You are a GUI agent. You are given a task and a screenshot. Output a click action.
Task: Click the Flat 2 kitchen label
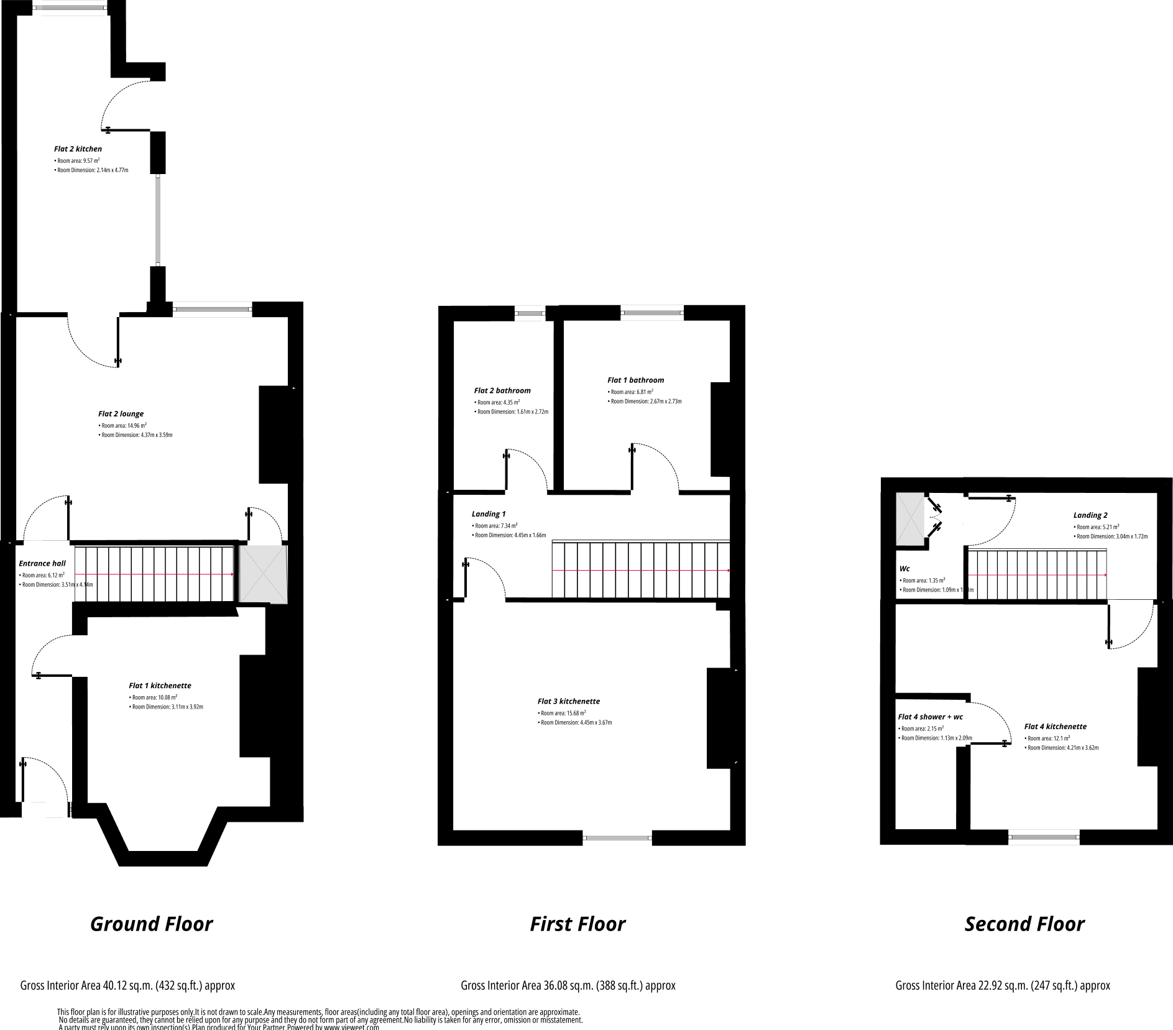[x=78, y=149]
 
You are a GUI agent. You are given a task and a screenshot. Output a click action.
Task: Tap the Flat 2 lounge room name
[x=121, y=414]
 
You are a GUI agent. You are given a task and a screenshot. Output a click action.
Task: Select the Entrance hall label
[x=42, y=564]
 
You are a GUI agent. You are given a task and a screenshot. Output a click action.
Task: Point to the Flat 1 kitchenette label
[x=160, y=686]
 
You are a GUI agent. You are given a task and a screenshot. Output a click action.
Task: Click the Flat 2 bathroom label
[x=502, y=391]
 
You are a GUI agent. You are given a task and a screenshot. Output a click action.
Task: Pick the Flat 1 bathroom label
[x=635, y=380]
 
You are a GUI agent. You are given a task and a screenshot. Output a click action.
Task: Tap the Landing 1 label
[x=489, y=514]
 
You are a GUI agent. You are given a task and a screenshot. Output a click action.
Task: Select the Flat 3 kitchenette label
[x=568, y=701]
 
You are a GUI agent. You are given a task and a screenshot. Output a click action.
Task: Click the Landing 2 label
[x=1090, y=515]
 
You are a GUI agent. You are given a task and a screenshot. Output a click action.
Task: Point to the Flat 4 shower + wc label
[x=930, y=717]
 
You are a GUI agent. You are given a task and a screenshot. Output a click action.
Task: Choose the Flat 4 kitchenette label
[x=1055, y=727]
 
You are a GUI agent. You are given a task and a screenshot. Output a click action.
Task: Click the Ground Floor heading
[x=151, y=924]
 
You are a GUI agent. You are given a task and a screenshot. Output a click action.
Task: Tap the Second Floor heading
[x=1024, y=924]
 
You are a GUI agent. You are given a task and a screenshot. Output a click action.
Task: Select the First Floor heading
[x=577, y=924]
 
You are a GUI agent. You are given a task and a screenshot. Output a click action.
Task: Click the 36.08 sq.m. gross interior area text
[x=568, y=985]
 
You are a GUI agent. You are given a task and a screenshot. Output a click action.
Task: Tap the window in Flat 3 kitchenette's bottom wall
[x=617, y=838]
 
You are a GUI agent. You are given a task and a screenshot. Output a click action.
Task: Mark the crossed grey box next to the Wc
[x=910, y=519]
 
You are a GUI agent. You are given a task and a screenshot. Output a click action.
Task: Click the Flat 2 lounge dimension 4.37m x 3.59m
[x=136, y=435]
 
